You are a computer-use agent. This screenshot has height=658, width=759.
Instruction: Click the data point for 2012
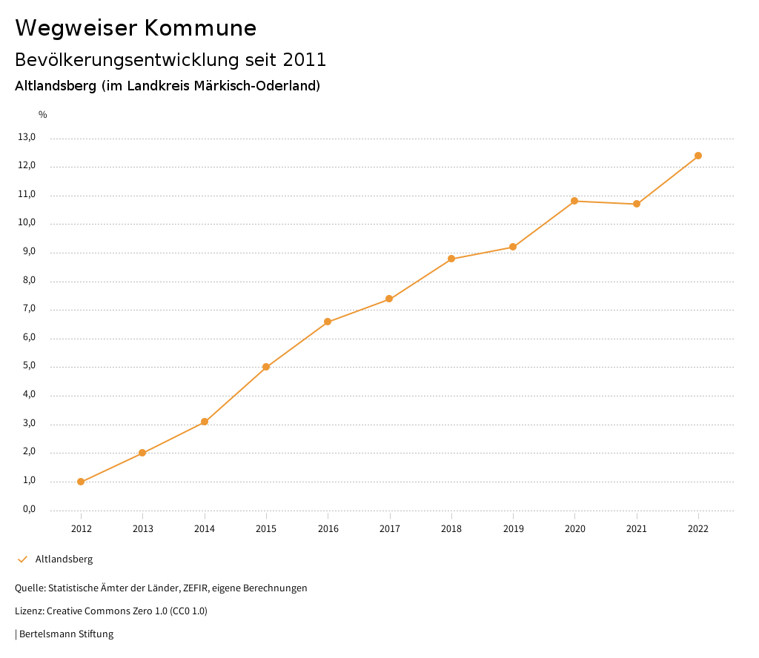(81, 482)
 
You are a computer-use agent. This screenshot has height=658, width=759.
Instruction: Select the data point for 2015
(266, 367)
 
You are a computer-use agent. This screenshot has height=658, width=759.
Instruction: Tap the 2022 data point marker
(698, 156)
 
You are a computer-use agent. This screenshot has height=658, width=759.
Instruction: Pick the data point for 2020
(574, 201)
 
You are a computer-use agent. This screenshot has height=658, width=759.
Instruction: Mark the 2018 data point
(451, 259)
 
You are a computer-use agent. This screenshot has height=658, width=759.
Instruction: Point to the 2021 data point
(637, 204)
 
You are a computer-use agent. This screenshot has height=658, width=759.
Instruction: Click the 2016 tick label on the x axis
(328, 528)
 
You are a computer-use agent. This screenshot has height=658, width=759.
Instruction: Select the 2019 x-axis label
(513, 528)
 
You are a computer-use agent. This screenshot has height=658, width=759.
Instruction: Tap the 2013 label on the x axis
(143, 528)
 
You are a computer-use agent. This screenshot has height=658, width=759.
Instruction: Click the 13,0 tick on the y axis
(27, 137)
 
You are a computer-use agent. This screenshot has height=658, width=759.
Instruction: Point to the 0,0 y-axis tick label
(28, 509)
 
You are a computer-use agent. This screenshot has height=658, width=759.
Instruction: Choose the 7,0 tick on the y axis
(28, 309)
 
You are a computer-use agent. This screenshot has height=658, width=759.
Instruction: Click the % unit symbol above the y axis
(43, 114)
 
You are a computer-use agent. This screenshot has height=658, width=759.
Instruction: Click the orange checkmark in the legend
(22, 559)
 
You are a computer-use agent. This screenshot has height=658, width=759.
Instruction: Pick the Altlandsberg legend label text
(64, 559)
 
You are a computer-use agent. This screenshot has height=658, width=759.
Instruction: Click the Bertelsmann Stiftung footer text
(66, 634)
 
